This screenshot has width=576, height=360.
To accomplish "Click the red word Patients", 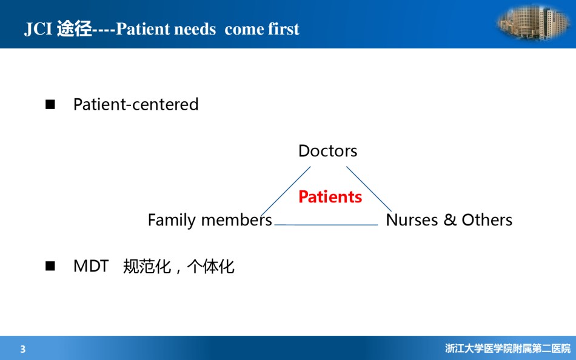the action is coord(330,197).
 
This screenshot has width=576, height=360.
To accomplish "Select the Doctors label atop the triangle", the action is coord(327,151).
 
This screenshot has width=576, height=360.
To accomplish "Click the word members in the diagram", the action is coord(236,219).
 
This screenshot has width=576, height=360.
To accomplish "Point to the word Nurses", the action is coord(412,220).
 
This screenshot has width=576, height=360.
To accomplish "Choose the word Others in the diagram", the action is coord(487,220).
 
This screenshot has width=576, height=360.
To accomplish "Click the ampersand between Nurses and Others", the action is coord(450,220).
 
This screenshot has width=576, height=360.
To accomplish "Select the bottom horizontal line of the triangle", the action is coord(326,224).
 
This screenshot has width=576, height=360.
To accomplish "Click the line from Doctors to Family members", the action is coord(286,191).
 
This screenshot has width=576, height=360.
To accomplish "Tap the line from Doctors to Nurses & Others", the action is coord(369,189).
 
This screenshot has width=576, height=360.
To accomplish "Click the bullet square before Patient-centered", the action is coord(50,105).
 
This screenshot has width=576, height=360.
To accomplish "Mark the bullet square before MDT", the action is coord(50,266).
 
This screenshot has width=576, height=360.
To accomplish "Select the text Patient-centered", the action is coord(136,104).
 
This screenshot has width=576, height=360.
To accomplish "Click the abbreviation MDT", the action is coord(91,266).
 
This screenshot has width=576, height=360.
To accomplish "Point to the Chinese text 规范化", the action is coord(147,266).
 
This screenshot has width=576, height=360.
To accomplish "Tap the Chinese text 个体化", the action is coord(210,266).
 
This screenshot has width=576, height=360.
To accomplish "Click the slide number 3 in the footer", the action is coord(23,349).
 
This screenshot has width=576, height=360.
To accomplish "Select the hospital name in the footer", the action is coord(507,348).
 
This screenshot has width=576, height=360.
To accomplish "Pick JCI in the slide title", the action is coord(38,29).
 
